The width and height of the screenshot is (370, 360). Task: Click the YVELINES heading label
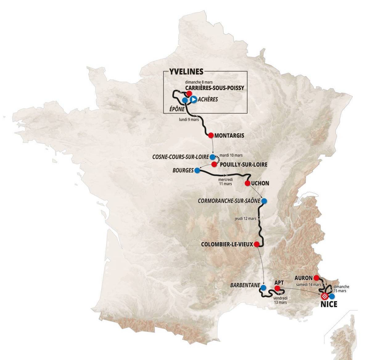(x=186, y=72)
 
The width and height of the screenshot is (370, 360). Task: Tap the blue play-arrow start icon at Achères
(x=193, y=100)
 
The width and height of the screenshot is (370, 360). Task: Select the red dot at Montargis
(x=211, y=135)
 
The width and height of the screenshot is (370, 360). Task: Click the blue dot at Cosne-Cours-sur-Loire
(x=212, y=157)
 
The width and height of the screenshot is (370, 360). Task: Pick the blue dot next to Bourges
(x=197, y=170)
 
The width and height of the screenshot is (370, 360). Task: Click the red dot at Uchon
(x=247, y=183)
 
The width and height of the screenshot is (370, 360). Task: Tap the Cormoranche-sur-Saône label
(x=229, y=201)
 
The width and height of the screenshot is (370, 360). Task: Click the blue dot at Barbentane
(x=263, y=288)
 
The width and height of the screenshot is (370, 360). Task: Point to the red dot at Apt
(x=277, y=288)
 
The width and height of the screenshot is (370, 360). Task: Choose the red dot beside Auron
(x=316, y=277)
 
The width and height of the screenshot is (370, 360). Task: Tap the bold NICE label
(x=329, y=305)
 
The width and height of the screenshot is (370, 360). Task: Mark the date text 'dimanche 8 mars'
(x=199, y=82)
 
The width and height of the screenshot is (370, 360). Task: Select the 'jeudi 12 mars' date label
(x=245, y=219)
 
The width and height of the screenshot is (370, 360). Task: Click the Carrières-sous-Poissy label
(x=215, y=88)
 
